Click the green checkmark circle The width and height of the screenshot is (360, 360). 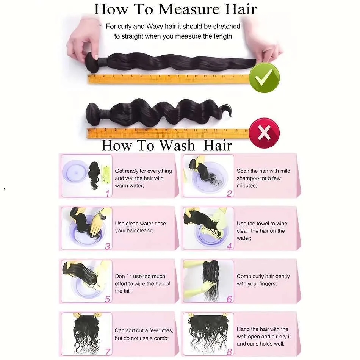click(264, 78)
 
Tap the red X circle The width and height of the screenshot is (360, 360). click(264, 133)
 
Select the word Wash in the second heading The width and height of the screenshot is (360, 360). click(177, 146)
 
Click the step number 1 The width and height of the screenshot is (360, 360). click(108, 194)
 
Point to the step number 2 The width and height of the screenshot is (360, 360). click(229, 194)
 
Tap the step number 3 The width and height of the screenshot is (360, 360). click(108, 246)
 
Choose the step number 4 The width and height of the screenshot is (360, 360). click(229, 246)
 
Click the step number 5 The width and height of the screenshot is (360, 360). click(108, 299)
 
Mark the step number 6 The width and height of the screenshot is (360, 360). click(229, 299)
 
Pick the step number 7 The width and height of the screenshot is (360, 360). click(108, 352)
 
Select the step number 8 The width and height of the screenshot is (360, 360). click(229, 352)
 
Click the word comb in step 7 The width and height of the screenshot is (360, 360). click(162, 338)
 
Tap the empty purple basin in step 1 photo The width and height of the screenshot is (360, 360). click(75, 172)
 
